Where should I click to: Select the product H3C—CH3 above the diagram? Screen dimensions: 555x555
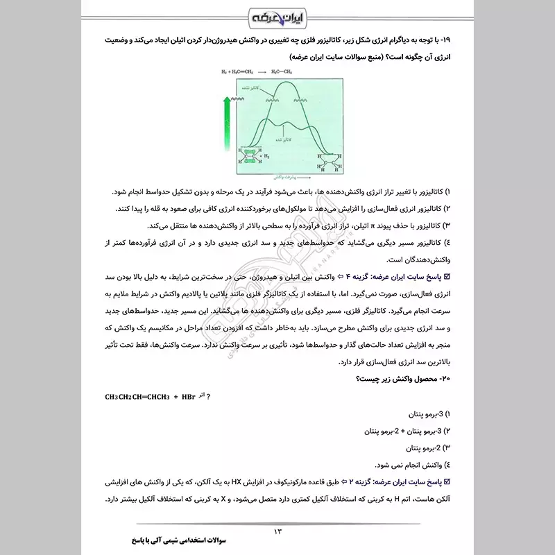[x=285, y=72]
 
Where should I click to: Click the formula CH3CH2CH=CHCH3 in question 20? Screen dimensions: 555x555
[x=139, y=397]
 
